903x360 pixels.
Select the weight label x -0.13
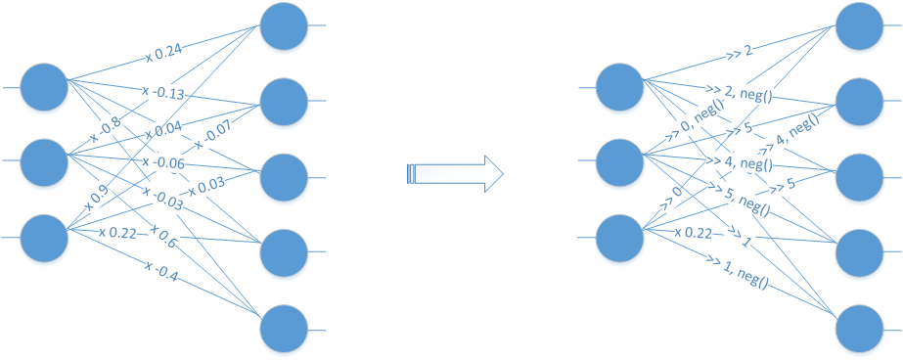click(163, 94)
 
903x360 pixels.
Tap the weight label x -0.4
click(162, 270)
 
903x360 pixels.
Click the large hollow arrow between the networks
click(454, 174)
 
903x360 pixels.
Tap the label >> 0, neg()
click(695, 127)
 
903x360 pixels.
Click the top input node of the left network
click(44, 87)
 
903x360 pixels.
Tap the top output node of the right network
click(859, 26)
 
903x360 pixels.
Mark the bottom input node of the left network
click(44, 238)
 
